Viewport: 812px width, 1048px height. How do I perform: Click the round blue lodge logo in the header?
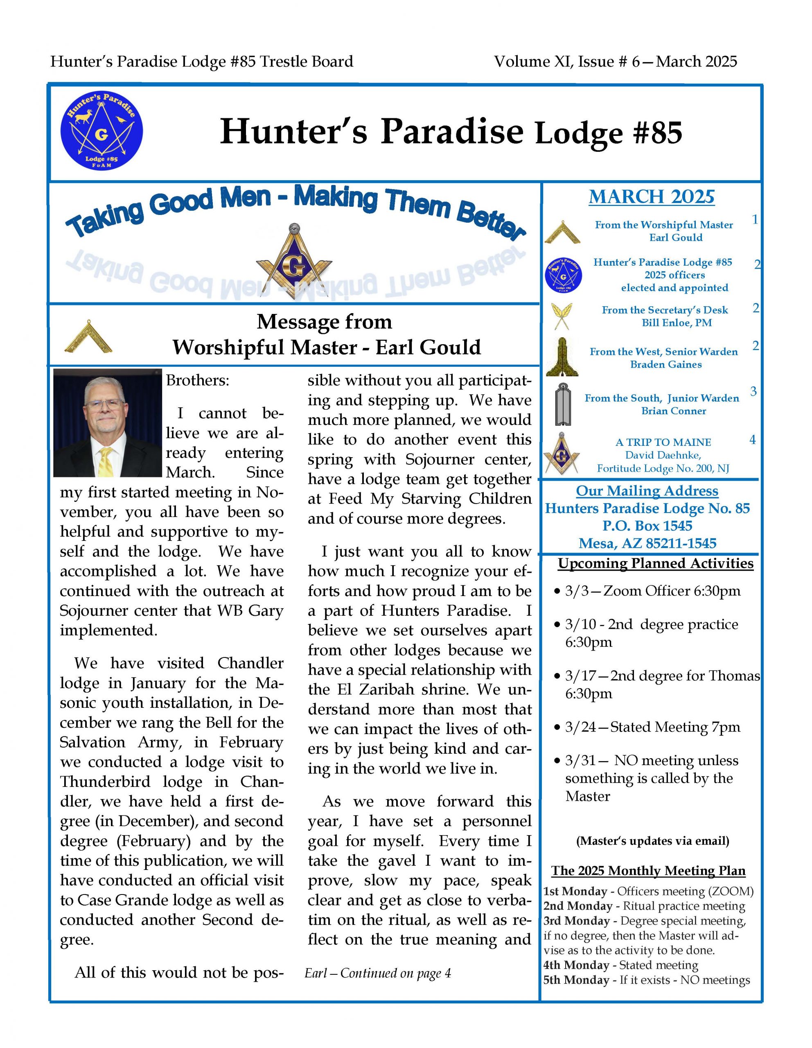(101, 131)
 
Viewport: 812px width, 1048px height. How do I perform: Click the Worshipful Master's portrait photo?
(108, 422)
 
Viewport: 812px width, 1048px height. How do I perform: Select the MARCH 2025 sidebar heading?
(651, 197)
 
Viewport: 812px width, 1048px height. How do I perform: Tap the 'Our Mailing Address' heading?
(647, 490)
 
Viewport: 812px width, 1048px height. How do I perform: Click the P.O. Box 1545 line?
(647, 526)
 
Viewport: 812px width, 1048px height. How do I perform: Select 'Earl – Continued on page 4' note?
(377, 973)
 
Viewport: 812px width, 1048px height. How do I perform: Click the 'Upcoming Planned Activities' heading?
(655, 563)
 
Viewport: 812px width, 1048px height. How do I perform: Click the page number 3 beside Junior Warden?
(753, 391)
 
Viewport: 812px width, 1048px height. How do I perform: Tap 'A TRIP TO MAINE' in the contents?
(663, 442)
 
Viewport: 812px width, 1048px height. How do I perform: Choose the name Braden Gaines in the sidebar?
(666, 364)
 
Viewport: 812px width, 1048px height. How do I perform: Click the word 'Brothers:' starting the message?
(198, 381)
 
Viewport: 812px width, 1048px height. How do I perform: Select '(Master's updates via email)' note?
(652, 841)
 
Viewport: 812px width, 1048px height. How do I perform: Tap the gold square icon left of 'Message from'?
(88, 336)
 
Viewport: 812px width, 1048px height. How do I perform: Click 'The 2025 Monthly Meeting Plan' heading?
(648, 870)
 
